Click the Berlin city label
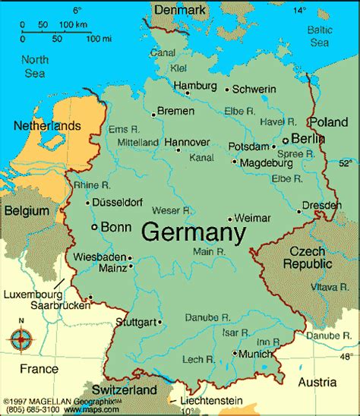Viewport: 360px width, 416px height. (308, 139)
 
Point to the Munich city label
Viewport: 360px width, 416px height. (257, 354)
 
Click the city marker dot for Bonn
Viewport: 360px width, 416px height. (93, 227)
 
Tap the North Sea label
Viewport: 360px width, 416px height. (34, 65)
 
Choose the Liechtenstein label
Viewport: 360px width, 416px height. (213, 400)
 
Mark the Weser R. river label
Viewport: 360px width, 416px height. (170, 209)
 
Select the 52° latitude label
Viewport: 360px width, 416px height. (346, 163)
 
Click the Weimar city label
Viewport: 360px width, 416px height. (252, 218)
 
